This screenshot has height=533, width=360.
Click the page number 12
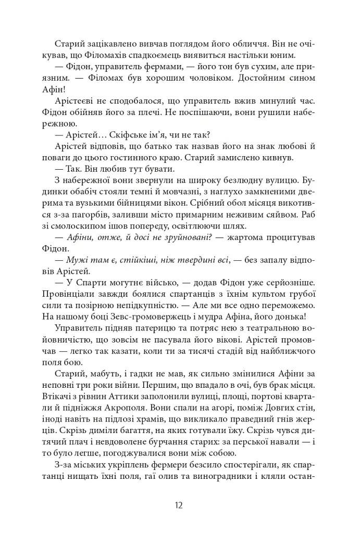(x=179, y=504)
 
